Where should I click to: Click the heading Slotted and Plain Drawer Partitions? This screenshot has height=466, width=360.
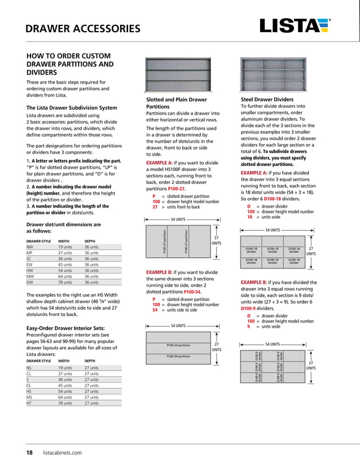(176, 103)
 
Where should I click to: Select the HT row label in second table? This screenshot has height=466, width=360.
(29, 403)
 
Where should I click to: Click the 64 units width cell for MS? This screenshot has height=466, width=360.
(65, 397)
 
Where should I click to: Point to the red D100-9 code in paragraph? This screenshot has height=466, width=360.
(251, 309)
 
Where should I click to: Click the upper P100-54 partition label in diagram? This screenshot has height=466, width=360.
(177, 345)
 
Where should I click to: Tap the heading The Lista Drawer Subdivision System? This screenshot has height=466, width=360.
(64, 107)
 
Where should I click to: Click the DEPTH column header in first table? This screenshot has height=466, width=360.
(91, 241)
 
